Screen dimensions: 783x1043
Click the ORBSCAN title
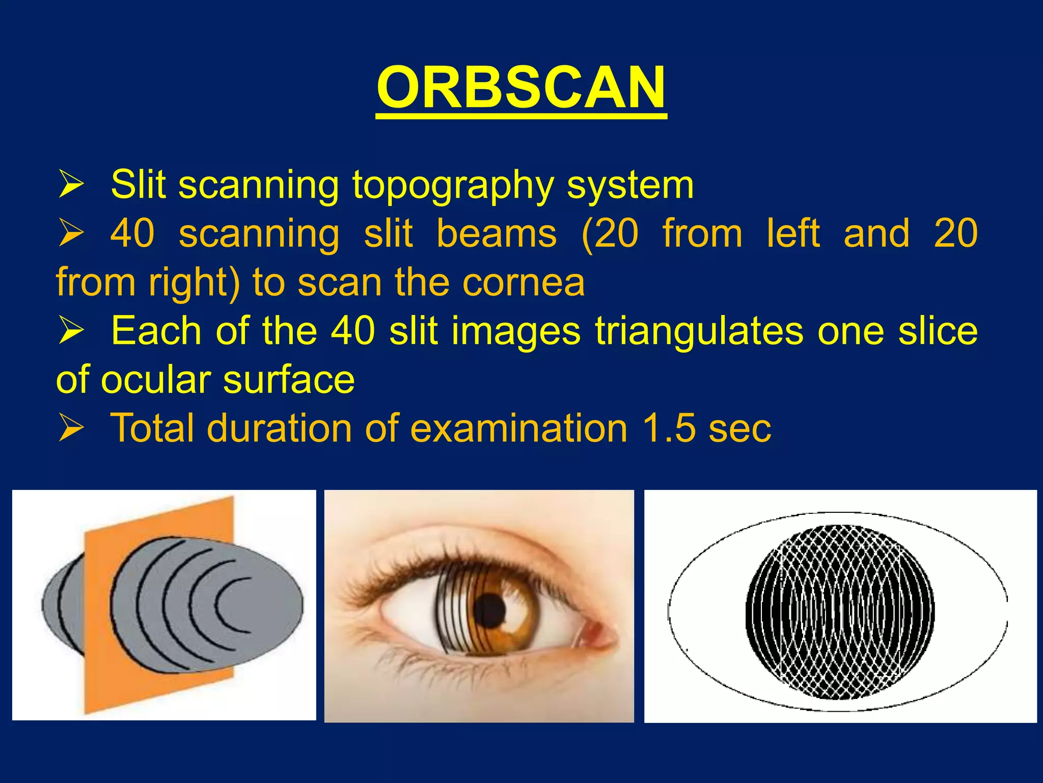coord(521,88)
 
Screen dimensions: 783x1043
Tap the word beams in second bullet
coord(497,233)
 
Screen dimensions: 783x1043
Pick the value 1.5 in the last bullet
coord(669,428)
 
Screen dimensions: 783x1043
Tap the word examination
coord(518,428)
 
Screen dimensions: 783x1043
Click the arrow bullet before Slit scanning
coord(71,185)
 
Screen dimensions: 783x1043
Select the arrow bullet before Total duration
coord(71,428)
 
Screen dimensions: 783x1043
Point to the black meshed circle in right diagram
coord(840,612)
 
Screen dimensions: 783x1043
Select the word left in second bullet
coord(793,233)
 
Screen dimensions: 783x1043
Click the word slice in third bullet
coord(938,331)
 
